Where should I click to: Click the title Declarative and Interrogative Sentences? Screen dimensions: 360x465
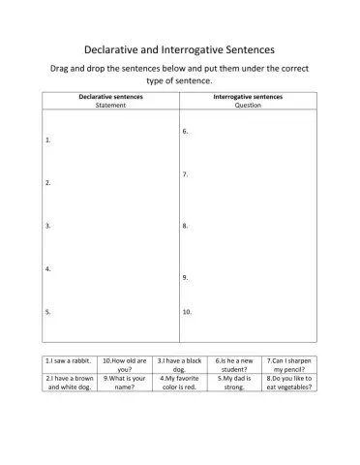click(180, 47)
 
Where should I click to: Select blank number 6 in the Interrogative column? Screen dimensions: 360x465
click(247, 131)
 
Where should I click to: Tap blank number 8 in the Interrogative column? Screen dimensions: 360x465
click(247, 226)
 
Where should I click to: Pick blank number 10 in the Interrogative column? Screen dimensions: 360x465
click(247, 312)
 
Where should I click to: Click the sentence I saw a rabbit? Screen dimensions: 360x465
click(70, 359)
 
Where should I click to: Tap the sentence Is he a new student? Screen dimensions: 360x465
click(233, 364)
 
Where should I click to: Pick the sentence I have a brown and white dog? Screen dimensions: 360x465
click(70, 382)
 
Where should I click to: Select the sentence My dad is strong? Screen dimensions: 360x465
click(233, 382)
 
